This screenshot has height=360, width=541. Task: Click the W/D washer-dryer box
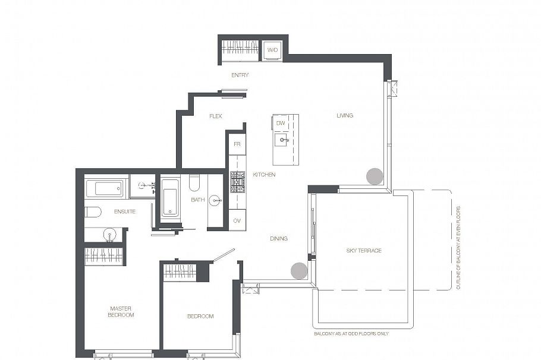[272, 50]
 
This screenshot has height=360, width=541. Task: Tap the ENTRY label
[240, 75]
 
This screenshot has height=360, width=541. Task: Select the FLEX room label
[216, 116]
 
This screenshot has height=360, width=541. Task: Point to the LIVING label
[345, 115]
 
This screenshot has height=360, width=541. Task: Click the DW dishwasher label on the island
[281, 123]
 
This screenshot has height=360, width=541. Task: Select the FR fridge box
[237, 144]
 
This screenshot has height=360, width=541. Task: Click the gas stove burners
[237, 182]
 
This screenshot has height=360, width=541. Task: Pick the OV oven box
[237, 220]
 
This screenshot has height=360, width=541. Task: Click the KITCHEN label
[265, 175]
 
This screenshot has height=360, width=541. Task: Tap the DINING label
[279, 239]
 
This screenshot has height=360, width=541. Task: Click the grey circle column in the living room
[375, 176]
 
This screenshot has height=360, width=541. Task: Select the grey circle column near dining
[299, 271]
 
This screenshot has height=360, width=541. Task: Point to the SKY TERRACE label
[364, 251]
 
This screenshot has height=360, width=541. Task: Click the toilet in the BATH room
[194, 183]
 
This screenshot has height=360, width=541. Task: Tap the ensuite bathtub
[104, 188]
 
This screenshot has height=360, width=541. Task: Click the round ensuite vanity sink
[110, 235]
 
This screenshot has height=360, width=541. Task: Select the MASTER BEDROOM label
[121, 312]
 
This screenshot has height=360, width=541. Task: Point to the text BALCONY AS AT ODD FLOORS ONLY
[351, 334]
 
